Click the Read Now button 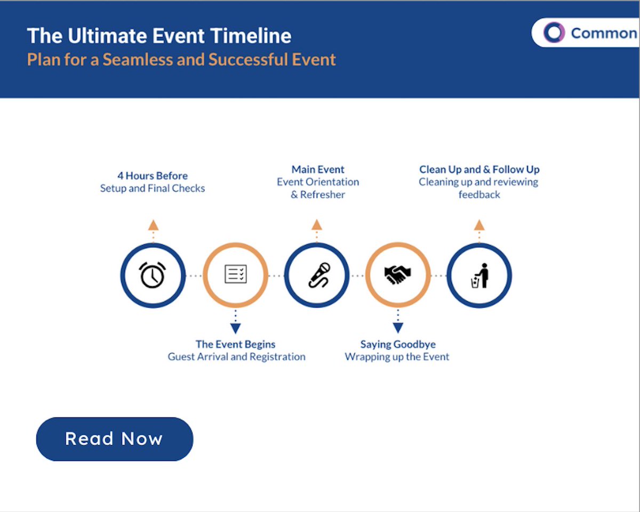click(114, 439)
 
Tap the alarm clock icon click(153, 275)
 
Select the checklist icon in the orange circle click(235, 275)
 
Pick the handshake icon click(397, 275)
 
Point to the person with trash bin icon click(479, 275)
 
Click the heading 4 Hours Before click(153, 175)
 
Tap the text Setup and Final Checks click(153, 188)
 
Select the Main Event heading click(318, 169)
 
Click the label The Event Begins click(235, 344)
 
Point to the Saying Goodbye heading click(398, 344)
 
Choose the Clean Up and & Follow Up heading click(479, 169)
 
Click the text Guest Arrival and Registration click(236, 357)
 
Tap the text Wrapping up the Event click(397, 357)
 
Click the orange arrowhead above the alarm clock click(153, 224)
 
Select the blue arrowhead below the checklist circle click(235, 328)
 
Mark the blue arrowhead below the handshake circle click(397, 328)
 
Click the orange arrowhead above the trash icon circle click(479, 224)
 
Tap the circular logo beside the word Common click(554, 32)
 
